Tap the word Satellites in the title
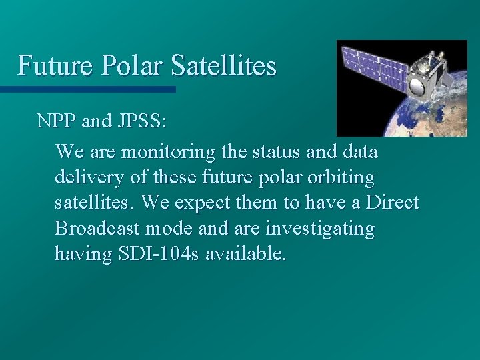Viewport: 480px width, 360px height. [x=223, y=66]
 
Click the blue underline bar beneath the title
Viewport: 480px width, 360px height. [x=87, y=89]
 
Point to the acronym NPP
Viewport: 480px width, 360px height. [x=57, y=121]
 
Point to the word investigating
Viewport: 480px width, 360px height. [x=320, y=229]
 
